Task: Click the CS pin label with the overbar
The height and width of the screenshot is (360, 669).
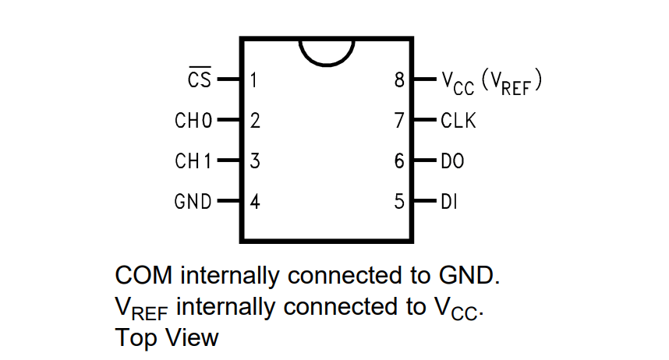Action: coord(200,79)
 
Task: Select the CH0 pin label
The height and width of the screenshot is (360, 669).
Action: coord(194,121)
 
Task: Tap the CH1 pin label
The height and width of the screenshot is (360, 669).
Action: coord(194,161)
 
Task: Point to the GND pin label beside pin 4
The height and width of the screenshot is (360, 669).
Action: coord(193,202)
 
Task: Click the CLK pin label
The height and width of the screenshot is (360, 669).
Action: coord(458,121)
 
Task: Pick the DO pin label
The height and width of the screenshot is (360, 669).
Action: coord(452,161)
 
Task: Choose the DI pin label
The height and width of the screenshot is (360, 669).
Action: coord(449,202)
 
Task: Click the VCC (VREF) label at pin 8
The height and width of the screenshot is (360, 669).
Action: coord(491,81)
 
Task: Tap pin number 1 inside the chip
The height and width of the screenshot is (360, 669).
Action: coord(254,79)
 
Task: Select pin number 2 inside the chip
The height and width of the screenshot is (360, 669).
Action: coord(255,121)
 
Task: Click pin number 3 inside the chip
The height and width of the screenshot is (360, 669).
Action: coord(255,161)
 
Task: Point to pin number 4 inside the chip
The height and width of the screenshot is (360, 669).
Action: coord(255,202)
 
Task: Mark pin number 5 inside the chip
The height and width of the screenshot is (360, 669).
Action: coord(400,202)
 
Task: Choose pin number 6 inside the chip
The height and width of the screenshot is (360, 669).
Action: coord(400,161)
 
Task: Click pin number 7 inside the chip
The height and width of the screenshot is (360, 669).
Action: coord(400,121)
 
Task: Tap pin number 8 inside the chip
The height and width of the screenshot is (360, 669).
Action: coord(400,79)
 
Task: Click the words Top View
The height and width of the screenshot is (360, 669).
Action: coord(167,338)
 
